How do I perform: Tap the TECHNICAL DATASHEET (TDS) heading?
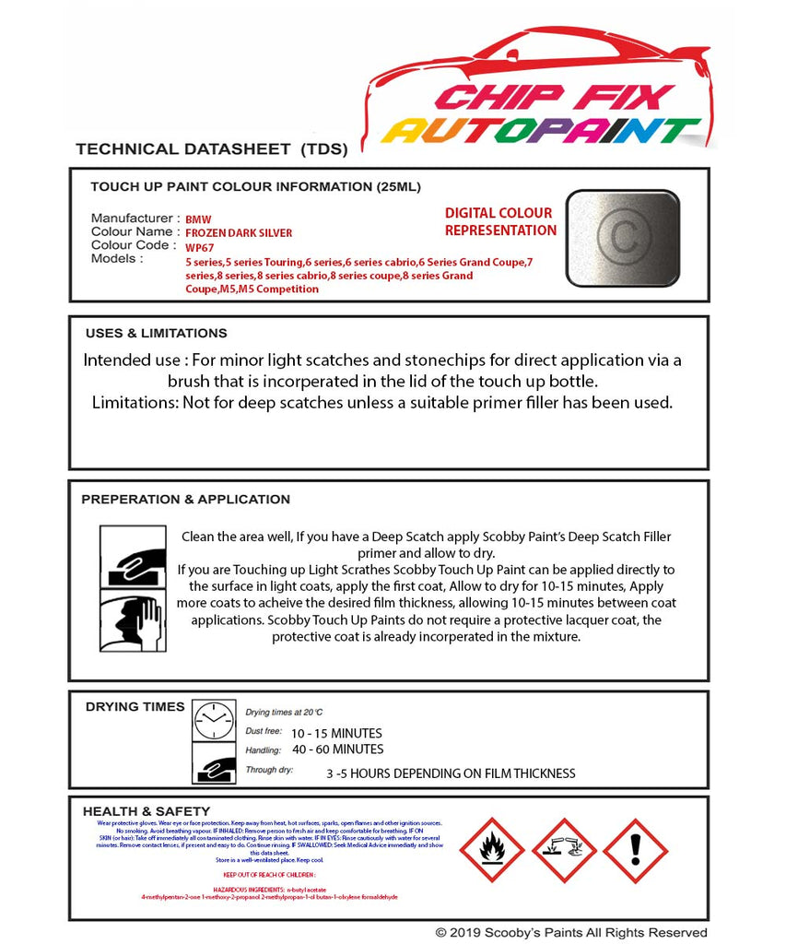[211, 148]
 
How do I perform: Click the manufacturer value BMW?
[198, 219]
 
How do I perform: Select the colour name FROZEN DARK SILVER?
[239, 233]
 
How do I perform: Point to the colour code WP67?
[199, 247]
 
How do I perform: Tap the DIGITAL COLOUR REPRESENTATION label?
[499, 222]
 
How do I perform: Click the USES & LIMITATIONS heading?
[156, 334]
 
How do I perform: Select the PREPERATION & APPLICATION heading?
[185, 500]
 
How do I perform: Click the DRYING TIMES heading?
[135, 707]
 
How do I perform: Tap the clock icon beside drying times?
[214, 720]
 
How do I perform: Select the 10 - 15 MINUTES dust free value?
[336, 733]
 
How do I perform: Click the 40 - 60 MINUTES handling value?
[336, 749]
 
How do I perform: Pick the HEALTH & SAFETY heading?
[136, 811]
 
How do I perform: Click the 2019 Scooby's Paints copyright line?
[571, 933]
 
